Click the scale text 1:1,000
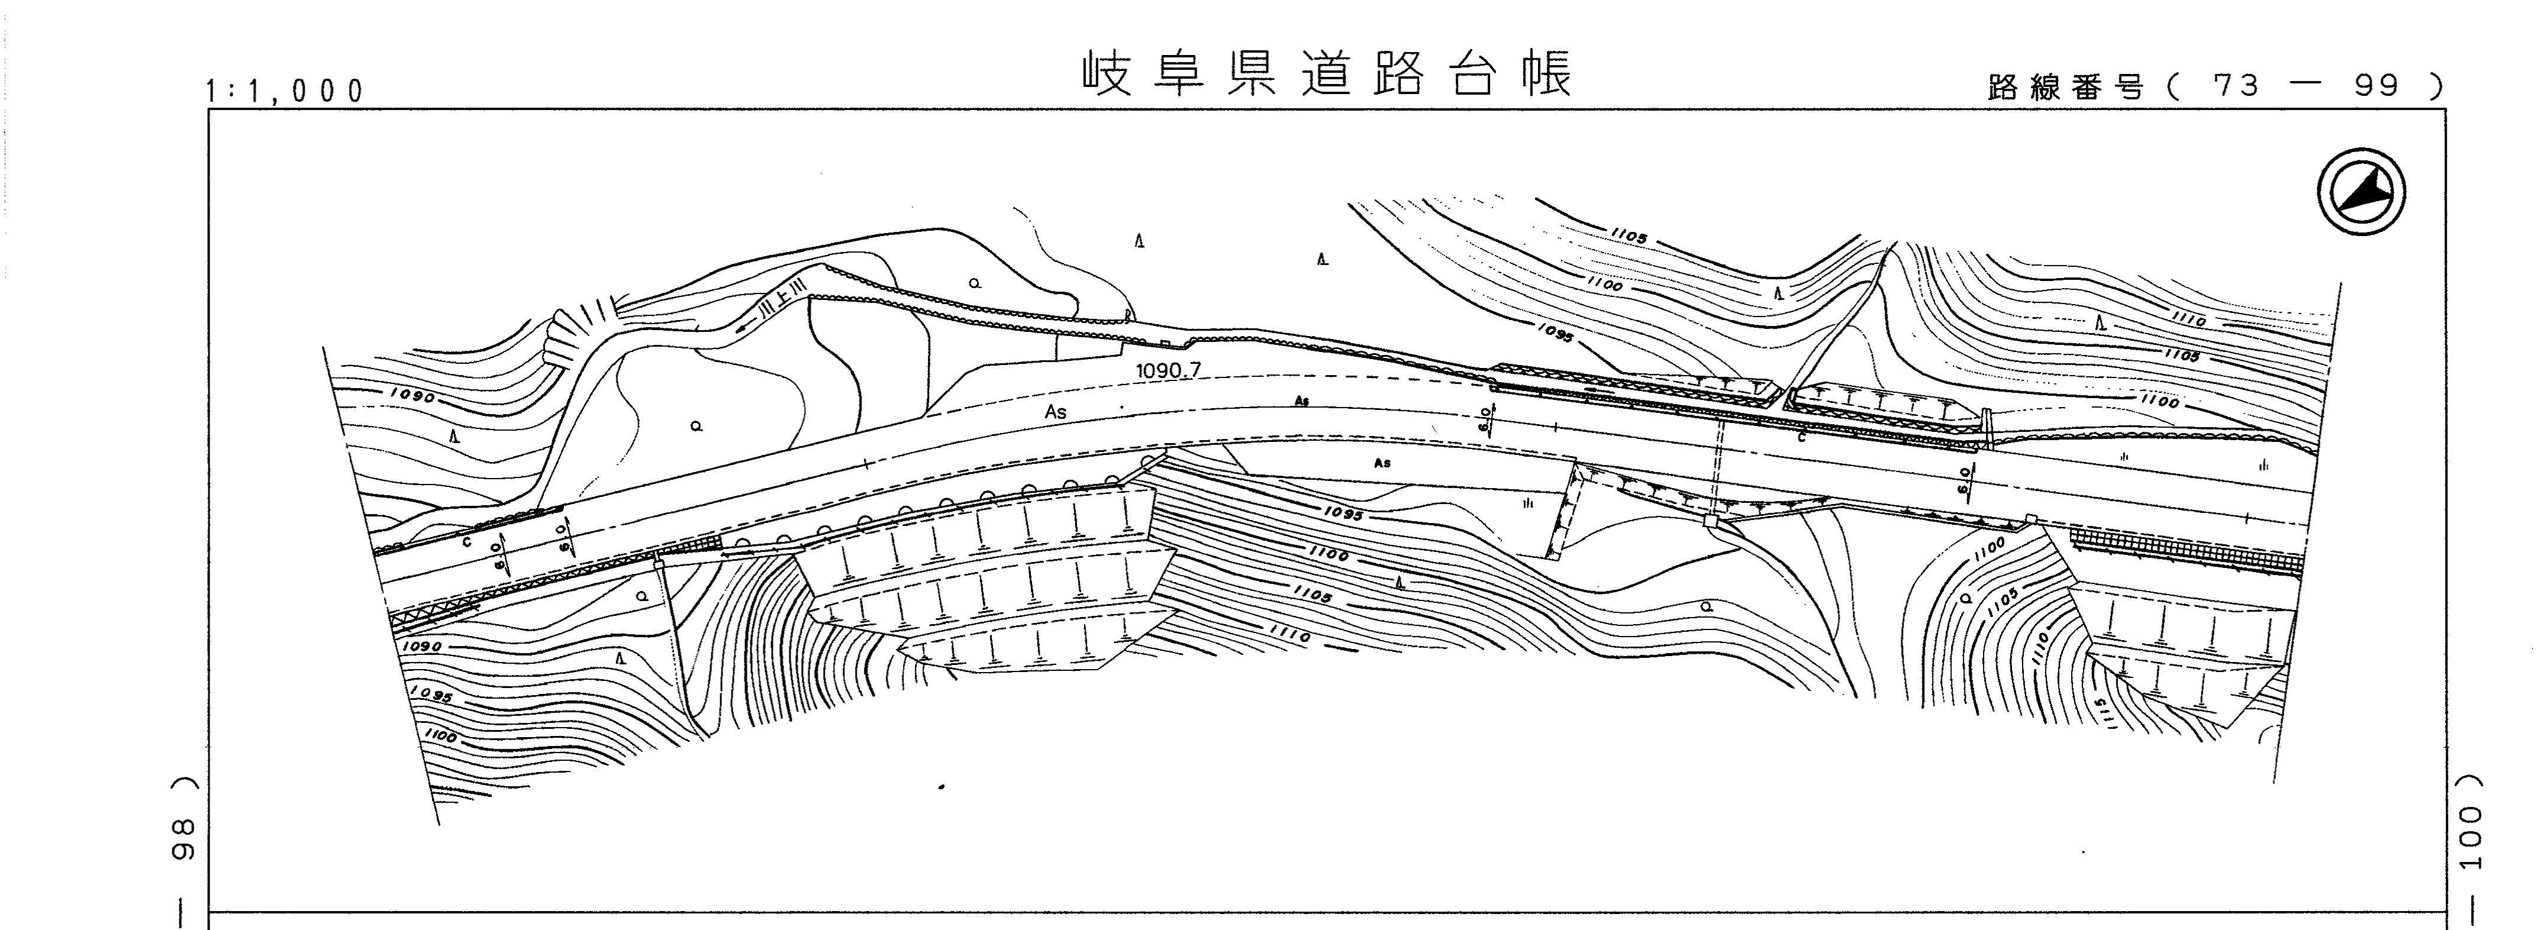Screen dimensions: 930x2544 (285, 91)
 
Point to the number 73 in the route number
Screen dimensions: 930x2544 (2236, 87)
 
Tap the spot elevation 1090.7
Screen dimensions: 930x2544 (1168, 370)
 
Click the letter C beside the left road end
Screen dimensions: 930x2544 (467, 542)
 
